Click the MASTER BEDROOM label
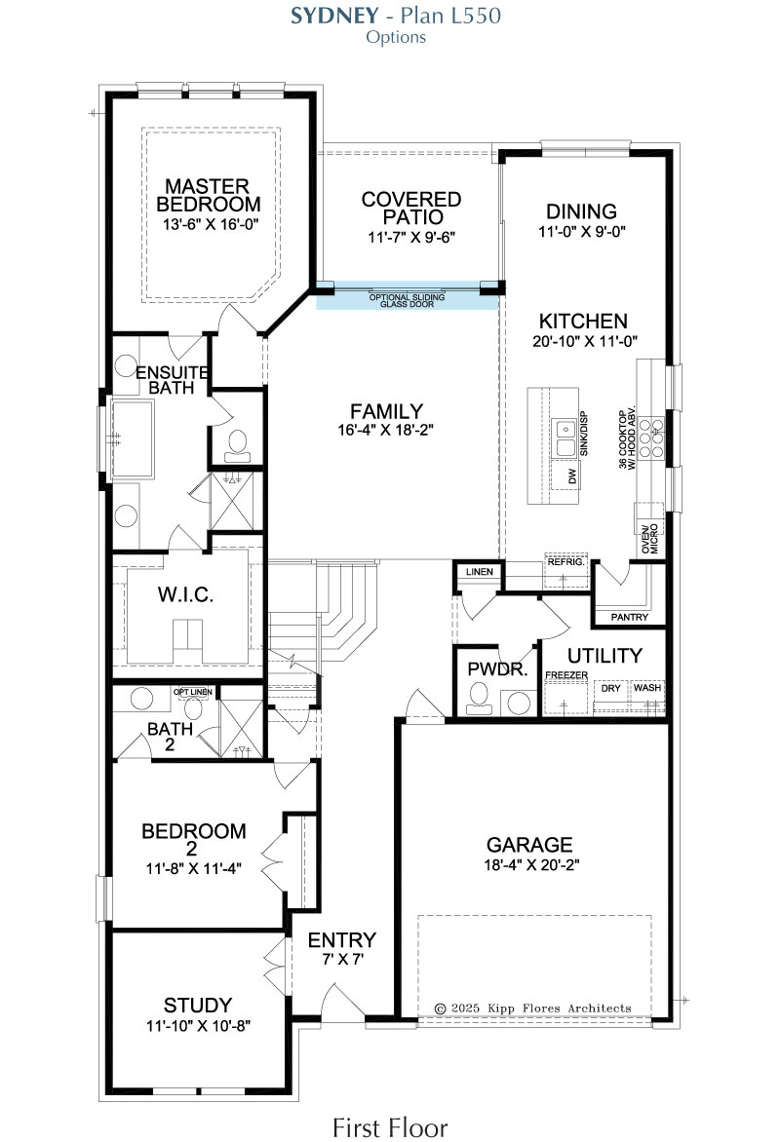[x=208, y=195]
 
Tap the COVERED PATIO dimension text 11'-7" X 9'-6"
[x=411, y=237]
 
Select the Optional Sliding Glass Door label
[x=407, y=300]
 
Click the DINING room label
[x=582, y=211]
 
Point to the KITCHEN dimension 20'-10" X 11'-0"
[x=585, y=341]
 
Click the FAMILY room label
[x=386, y=411]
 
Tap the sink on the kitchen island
[x=565, y=437]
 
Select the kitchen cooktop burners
[x=655, y=437]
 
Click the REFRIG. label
[x=566, y=561]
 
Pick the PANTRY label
[x=629, y=617]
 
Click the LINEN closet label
[x=479, y=572]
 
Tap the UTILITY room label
[x=604, y=656]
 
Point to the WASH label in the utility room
[x=647, y=688]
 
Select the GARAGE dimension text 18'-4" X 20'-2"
[x=531, y=865]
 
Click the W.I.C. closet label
[x=186, y=595]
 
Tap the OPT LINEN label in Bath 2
[x=193, y=692]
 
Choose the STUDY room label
[x=198, y=1005]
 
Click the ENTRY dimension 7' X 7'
[x=342, y=960]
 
